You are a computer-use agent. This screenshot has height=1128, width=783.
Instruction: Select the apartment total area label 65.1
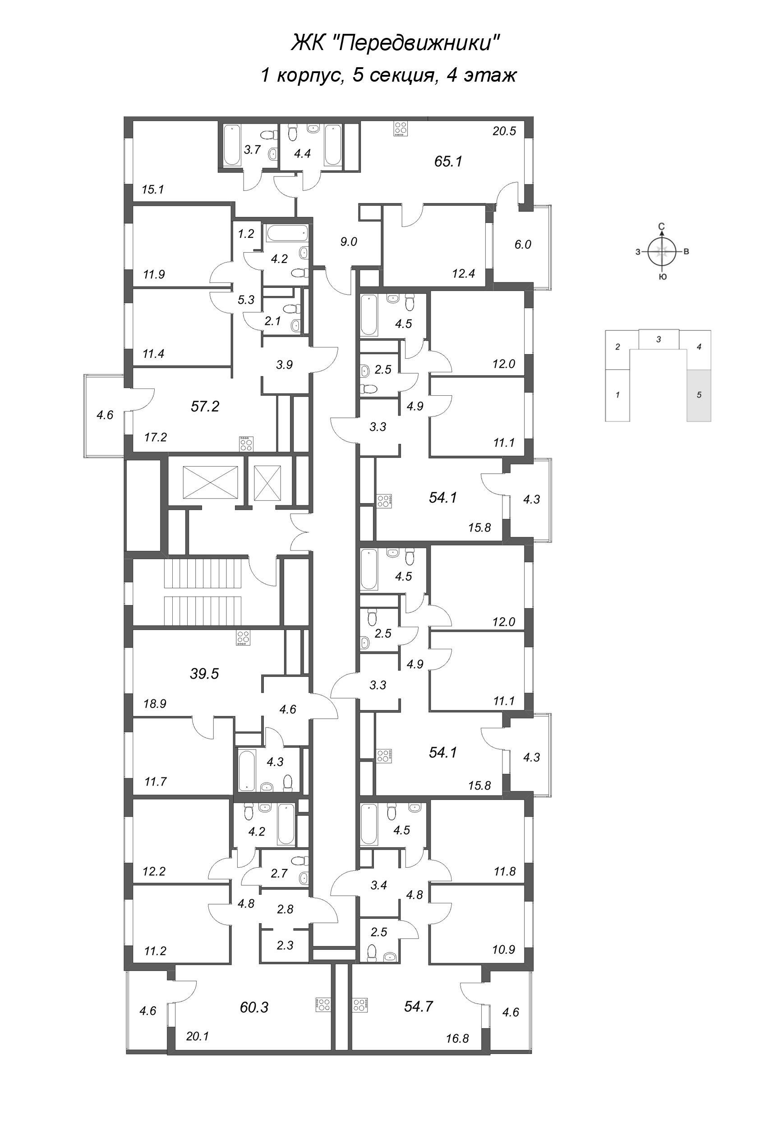pyautogui.click(x=448, y=162)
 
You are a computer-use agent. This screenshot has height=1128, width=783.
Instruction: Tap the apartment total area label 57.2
pyautogui.click(x=205, y=406)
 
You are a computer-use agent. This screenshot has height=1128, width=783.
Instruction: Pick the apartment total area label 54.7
pyautogui.click(x=419, y=1006)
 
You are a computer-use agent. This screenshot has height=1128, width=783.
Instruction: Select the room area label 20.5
pyautogui.click(x=504, y=131)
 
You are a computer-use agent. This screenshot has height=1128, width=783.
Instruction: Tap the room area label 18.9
pyautogui.click(x=155, y=703)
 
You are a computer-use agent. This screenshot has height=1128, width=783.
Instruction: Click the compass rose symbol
pyautogui.click(x=662, y=252)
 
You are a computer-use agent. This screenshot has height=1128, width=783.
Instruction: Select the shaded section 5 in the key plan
pyautogui.click(x=699, y=395)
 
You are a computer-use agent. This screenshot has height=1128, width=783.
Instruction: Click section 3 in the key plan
pyautogui.click(x=659, y=339)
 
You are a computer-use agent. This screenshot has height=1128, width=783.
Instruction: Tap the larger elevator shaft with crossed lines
pyautogui.click(x=210, y=482)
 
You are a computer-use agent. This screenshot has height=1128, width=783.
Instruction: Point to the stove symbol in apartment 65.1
pyautogui.click(x=401, y=129)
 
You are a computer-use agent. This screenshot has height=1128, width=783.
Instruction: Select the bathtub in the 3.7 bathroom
pyautogui.click(x=230, y=145)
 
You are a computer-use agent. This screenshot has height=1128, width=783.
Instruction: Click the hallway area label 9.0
pyautogui.click(x=348, y=242)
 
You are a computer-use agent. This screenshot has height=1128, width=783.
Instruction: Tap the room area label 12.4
pyautogui.click(x=463, y=274)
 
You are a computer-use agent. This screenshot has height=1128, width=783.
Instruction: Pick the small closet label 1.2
pyautogui.click(x=246, y=234)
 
